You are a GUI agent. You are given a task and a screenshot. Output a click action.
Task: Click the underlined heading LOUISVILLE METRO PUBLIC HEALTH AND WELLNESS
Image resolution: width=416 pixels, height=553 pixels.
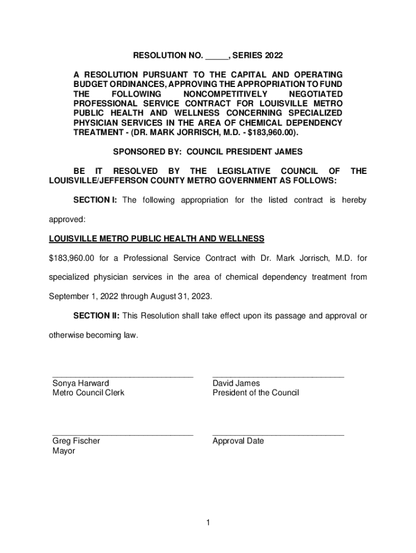point(157,239)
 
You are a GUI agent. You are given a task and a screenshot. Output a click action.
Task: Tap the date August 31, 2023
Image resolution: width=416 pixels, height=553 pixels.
point(179,296)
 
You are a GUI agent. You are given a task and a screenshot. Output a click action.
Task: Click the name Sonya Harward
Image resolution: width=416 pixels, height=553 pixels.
point(80,383)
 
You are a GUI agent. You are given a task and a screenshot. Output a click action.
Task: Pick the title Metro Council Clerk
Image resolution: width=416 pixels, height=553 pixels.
point(88,393)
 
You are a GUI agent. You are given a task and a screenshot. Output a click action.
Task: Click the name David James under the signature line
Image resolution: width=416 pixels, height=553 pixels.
point(236,383)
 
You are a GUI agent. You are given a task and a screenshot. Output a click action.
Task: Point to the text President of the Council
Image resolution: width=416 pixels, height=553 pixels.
point(256,393)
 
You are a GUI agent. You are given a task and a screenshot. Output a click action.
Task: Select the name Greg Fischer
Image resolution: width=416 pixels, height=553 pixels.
point(76,441)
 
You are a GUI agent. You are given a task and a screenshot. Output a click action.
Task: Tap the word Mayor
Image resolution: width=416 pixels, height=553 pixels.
point(64,450)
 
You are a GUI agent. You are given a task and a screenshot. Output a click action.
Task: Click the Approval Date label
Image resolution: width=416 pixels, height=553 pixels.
point(238,441)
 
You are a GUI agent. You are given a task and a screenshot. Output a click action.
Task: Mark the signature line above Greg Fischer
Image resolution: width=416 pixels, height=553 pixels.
point(123,434)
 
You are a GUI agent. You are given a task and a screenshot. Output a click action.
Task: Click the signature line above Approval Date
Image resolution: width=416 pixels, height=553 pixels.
point(278,434)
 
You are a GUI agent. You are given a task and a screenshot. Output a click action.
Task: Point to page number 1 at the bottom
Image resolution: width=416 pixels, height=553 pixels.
point(208,522)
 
